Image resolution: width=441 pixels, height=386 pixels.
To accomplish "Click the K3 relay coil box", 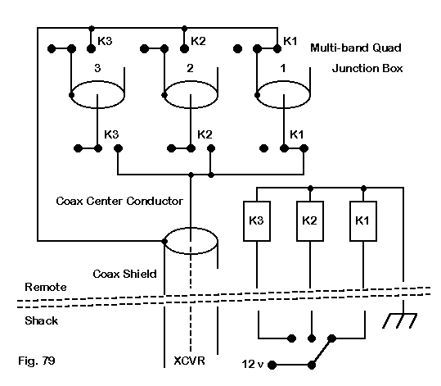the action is [257, 221].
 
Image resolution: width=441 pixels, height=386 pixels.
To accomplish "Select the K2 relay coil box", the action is [310, 221].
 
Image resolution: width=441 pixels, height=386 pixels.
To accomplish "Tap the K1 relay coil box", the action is [363, 221].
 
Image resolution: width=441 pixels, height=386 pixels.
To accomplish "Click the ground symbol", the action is [399, 320].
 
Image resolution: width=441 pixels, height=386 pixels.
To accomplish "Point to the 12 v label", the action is [253, 365].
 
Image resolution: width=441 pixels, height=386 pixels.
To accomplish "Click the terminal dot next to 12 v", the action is [272, 366].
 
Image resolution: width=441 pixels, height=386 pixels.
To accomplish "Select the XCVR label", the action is [189, 361].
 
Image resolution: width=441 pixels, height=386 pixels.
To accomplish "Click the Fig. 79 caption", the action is [37, 361].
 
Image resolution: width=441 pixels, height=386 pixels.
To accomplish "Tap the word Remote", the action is [46, 287].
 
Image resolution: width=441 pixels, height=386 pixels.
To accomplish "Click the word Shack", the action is [42, 320].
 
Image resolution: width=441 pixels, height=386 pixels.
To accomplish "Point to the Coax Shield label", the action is [124, 274].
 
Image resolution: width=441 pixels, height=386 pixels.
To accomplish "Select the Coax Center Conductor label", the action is [119, 201].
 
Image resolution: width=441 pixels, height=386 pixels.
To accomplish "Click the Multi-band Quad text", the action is [356, 48].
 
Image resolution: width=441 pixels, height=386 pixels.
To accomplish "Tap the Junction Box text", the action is [367, 69].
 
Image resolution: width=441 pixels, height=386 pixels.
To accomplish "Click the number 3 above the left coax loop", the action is [97, 68].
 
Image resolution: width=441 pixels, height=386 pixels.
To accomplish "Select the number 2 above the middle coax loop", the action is [190, 68].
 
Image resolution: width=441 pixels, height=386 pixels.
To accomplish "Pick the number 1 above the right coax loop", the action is [283, 68].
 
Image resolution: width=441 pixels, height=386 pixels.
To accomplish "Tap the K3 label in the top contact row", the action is [105, 41].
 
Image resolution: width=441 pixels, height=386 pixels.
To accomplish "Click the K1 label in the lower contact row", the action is [297, 134].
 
